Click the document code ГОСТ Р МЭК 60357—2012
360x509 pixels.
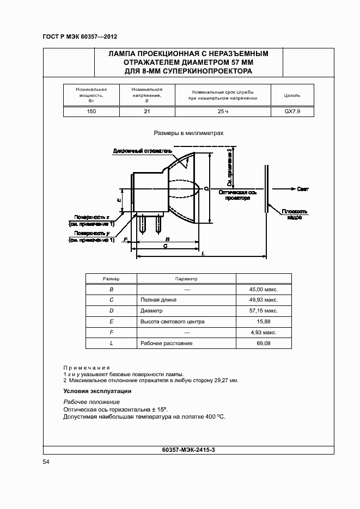80,37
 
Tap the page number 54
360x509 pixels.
46,462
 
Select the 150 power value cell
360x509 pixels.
91,111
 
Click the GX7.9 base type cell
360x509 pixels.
292,111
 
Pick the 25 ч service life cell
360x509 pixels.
223,111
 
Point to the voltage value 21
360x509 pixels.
147,111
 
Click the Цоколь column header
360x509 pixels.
292,95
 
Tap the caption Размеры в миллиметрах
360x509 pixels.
188,132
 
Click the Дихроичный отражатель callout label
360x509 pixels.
143,151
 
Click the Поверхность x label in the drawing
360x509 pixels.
93,217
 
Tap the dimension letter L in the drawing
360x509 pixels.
203,254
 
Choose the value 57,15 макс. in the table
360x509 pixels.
264,311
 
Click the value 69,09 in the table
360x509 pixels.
264,344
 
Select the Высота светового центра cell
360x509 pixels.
172,322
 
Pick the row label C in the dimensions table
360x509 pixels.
111,300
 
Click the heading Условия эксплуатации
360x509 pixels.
97,391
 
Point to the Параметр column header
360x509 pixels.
186,279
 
